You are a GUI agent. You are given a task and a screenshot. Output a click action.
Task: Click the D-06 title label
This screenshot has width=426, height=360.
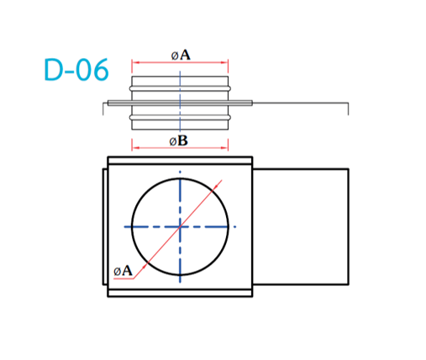[76, 70]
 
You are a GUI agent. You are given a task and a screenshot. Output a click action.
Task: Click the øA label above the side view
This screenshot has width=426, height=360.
[181, 55]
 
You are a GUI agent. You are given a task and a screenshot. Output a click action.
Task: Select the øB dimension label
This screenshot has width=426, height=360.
[179, 140]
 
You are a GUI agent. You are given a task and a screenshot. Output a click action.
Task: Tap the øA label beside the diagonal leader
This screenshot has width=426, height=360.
[123, 271]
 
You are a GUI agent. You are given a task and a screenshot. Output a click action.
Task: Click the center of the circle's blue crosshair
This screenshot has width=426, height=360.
[180, 226]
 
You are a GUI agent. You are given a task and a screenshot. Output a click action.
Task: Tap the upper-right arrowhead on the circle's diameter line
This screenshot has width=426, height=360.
[216, 187]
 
